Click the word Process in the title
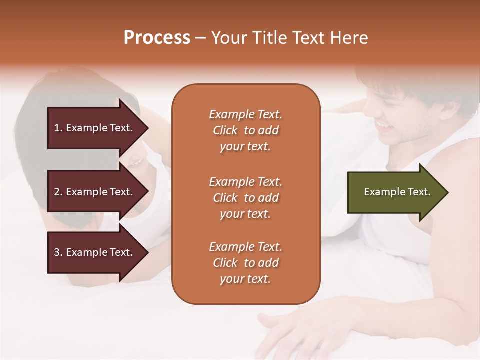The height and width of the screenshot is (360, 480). (157, 38)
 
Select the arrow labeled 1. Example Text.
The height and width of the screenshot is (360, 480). (95, 128)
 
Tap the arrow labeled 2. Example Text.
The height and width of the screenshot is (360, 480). (95, 192)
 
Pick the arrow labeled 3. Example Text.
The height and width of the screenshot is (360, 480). (95, 252)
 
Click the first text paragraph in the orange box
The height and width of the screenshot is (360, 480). (245, 130)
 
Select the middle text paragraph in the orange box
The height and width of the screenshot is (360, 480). (245, 198)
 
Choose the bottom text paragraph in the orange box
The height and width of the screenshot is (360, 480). (245, 263)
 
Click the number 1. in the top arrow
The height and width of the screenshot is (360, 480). (58, 128)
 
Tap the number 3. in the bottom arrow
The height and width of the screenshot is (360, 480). (58, 252)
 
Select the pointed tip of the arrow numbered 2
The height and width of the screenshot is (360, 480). (147, 192)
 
